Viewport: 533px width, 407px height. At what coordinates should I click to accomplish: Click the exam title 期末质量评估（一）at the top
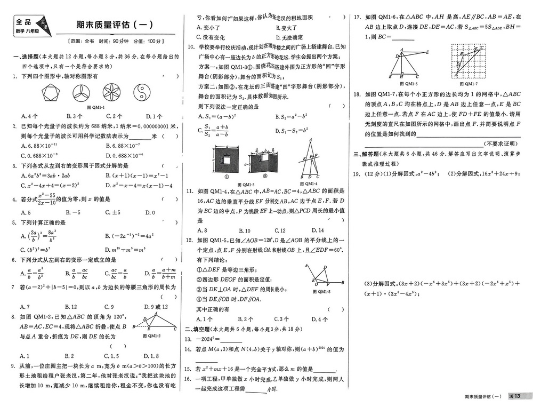(x=114, y=25)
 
